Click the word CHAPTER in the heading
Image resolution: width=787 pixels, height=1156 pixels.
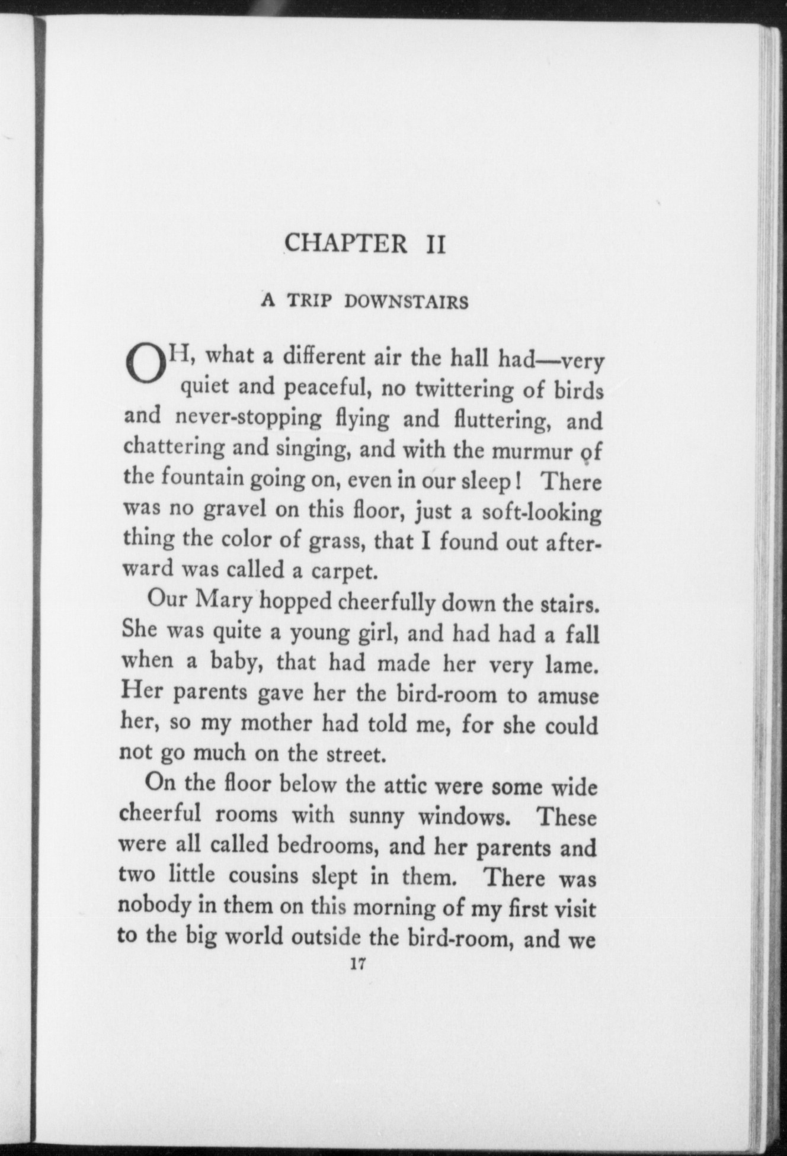click(345, 243)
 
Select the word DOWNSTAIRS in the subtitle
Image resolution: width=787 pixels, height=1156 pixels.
click(407, 302)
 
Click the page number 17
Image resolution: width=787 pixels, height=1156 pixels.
click(356, 964)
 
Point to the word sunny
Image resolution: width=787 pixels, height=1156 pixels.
click(376, 816)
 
